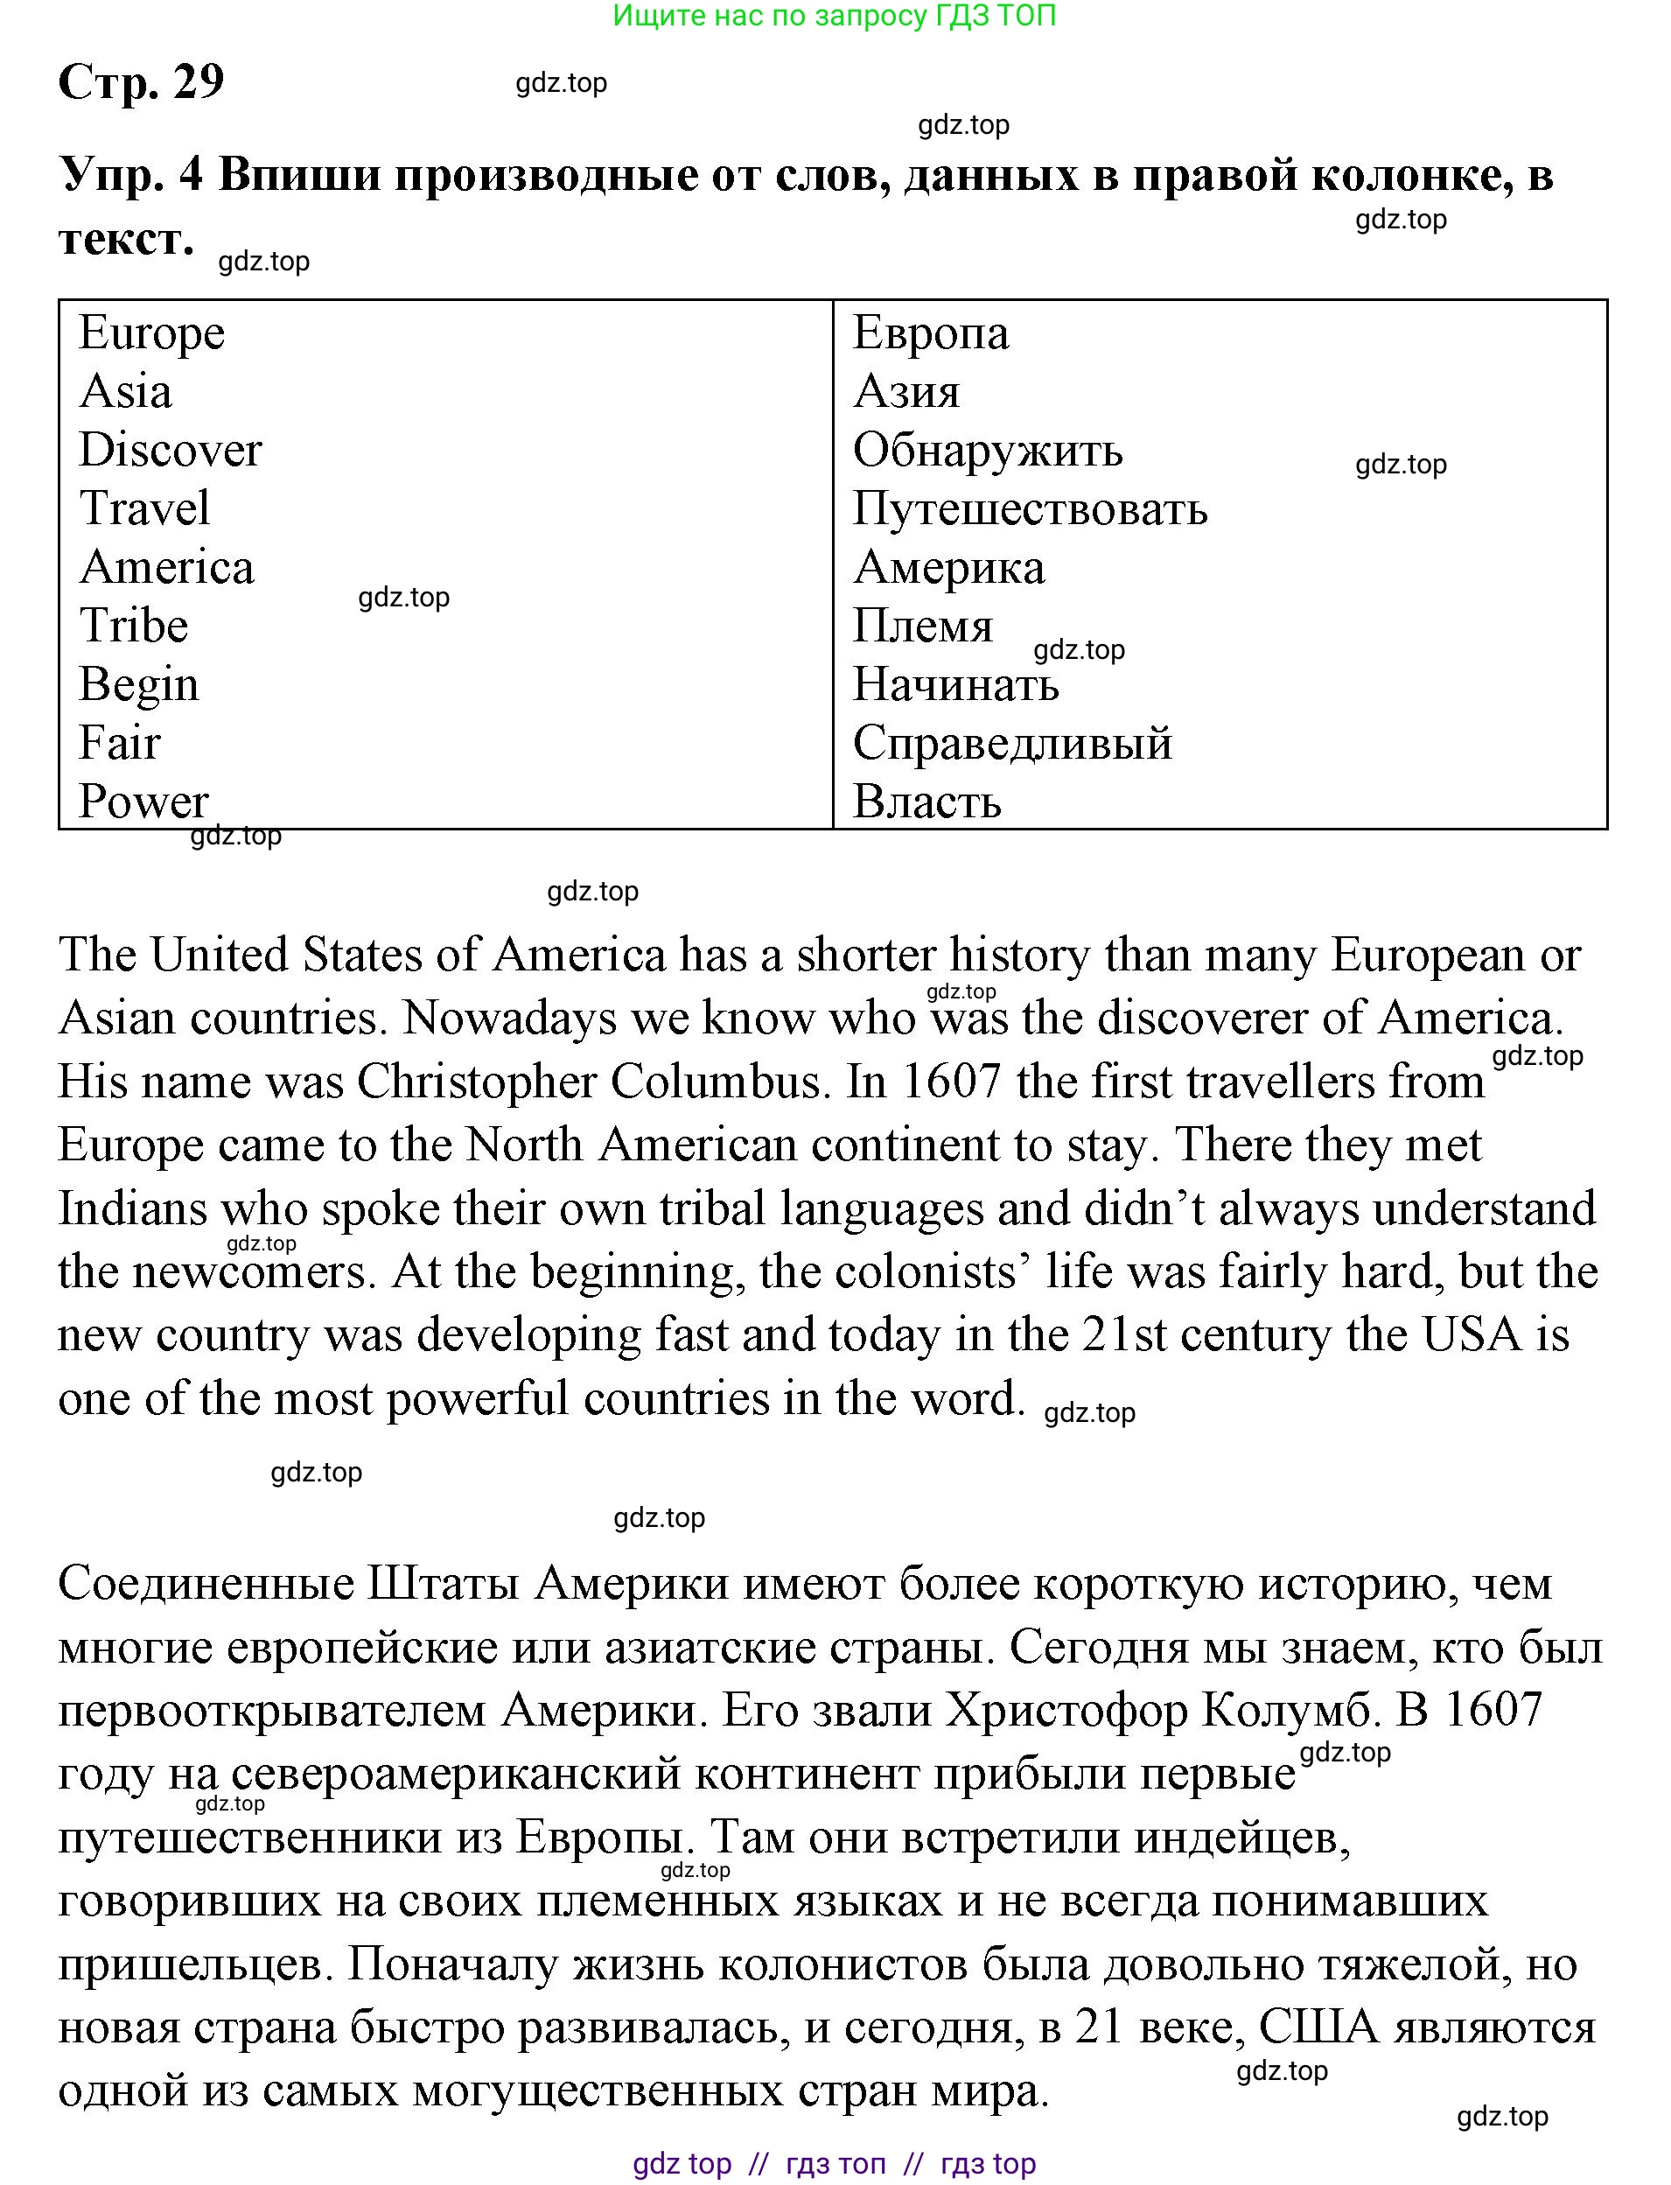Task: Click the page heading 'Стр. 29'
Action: coord(141,81)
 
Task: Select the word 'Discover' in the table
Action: coord(170,450)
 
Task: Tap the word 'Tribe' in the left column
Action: coord(133,626)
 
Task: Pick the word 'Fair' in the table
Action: coord(119,743)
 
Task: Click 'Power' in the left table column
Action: coord(143,802)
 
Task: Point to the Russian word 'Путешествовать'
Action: coord(1031,508)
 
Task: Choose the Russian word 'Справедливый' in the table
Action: coord(1012,743)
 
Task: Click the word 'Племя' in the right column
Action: coord(923,626)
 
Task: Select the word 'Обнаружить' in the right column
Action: coord(988,450)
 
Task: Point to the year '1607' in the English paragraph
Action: coord(949,1082)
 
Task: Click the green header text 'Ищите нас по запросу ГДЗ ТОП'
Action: coord(835,16)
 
